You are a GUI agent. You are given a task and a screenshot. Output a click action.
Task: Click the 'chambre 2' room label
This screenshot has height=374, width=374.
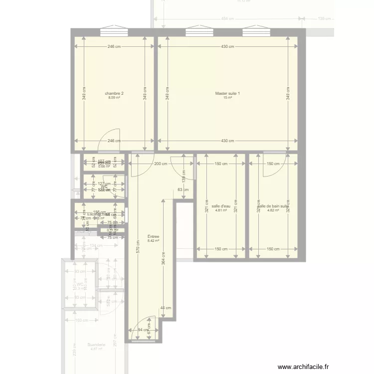pyautogui.click(x=114, y=93)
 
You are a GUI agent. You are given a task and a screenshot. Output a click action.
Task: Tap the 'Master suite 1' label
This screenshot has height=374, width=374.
pyautogui.click(x=227, y=93)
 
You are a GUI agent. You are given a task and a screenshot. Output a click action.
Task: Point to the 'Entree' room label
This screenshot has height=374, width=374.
pyautogui.click(x=153, y=237)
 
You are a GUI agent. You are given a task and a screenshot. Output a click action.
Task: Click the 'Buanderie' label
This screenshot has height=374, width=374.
pyautogui.click(x=96, y=345)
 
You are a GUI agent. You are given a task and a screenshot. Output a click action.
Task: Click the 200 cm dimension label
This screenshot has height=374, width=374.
pyautogui.click(x=161, y=164)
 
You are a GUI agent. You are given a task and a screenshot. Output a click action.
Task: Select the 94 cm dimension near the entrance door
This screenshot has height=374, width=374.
pyautogui.click(x=144, y=330)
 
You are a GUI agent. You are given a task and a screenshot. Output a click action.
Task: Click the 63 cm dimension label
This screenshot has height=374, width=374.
pyautogui.click(x=183, y=189)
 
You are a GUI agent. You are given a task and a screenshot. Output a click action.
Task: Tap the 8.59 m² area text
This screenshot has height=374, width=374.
pyautogui.click(x=114, y=98)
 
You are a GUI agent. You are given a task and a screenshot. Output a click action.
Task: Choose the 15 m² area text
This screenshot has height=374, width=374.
pyautogui.click(x=227, y=98)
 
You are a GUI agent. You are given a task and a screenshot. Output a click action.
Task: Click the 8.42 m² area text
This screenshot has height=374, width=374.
pyautogui.click(x=153, y=241)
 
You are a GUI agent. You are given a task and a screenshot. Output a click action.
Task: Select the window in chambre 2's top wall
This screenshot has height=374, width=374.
pyautogui.click(x=114, y=32)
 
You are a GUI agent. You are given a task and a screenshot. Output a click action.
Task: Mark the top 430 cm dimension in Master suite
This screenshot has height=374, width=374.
pyautogui.click(x=227, y=47)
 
